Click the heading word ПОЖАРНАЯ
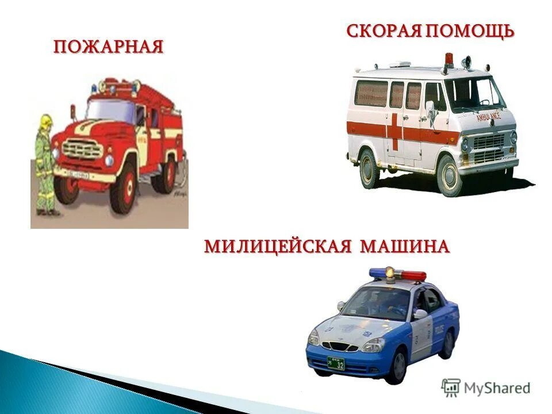point(109,46)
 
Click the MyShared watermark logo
point(485,388)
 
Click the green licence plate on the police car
point(336,363)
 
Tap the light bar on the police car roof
point(397,274)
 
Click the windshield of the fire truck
point(110,112)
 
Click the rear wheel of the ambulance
point(369,167)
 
